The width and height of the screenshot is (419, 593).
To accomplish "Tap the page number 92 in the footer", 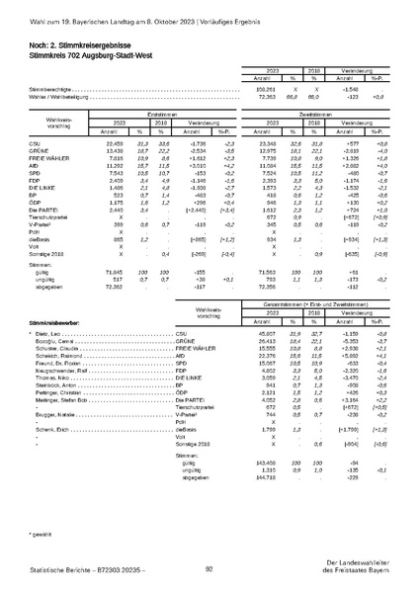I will [x=209, y=568].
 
